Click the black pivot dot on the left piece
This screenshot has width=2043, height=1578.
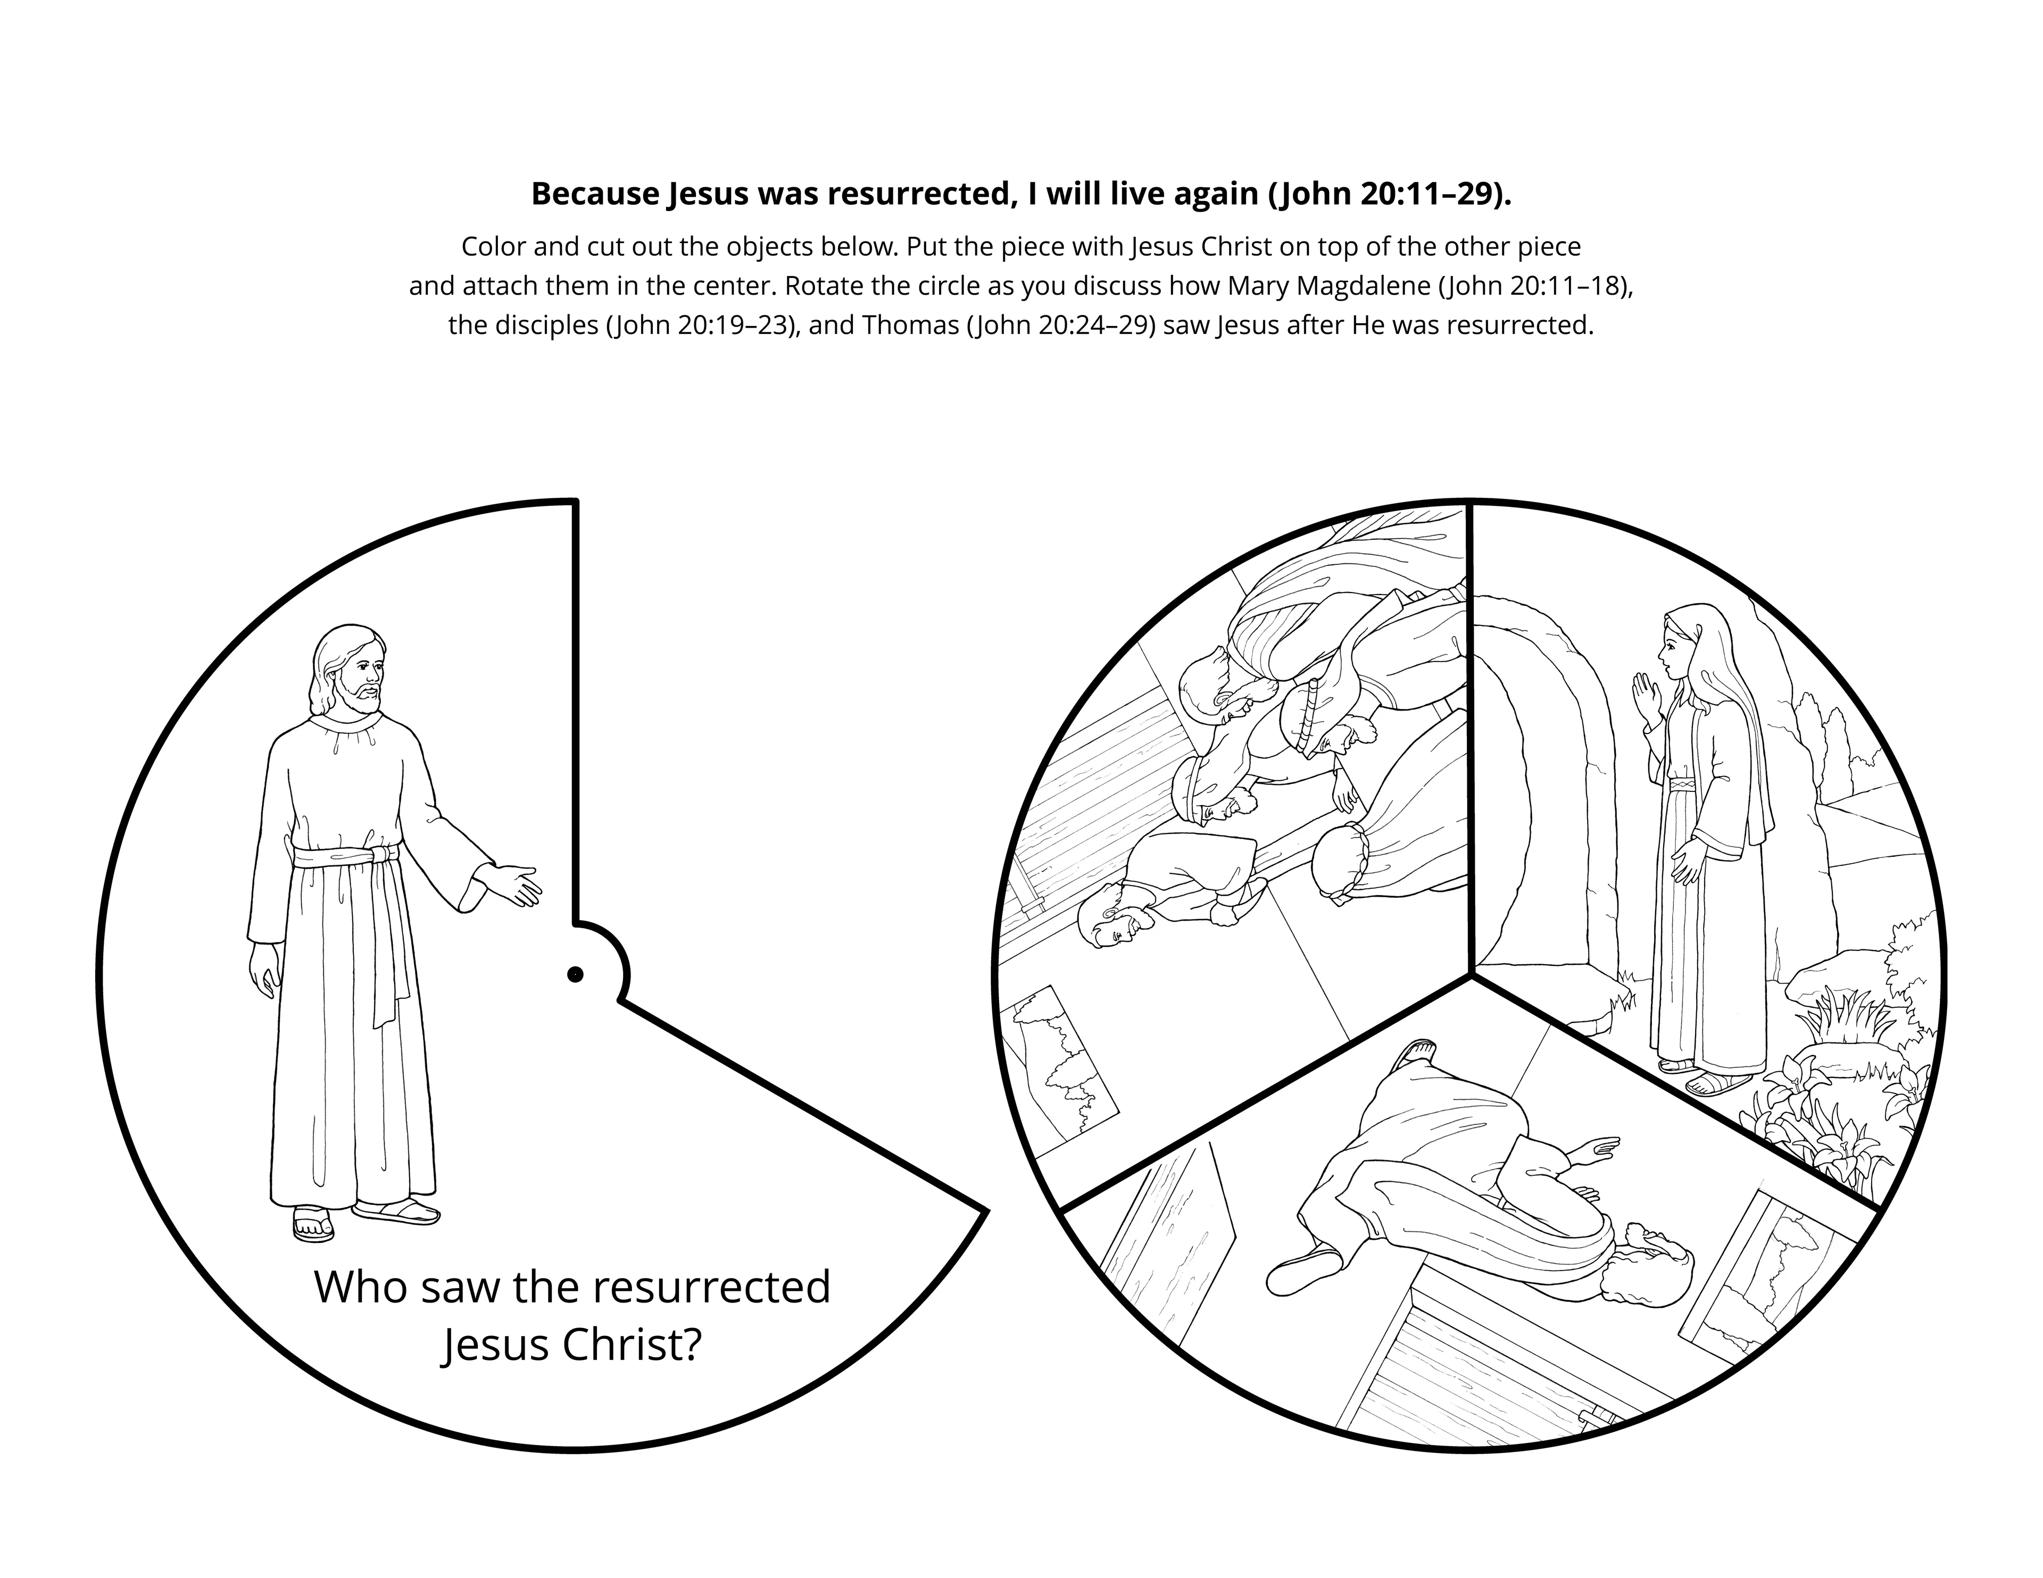[575, 975]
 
